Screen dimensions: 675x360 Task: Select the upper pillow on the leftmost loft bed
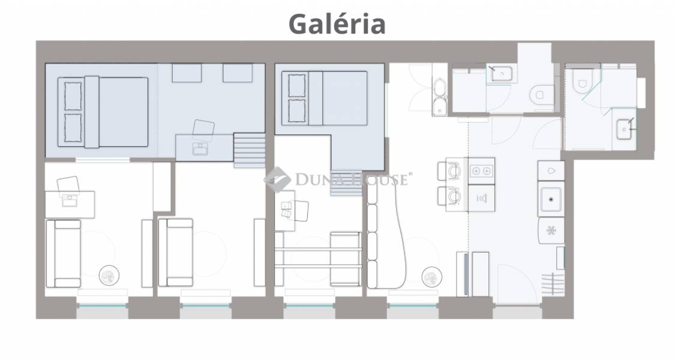coord(73,96)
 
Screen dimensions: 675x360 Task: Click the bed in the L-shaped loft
coord(324,98)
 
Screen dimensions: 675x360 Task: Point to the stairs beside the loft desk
coord(249,150)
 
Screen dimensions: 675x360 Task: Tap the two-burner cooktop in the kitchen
coord(481,171)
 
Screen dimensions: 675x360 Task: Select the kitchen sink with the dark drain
coord(551,199)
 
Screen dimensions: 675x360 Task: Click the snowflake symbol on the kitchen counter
coord(551,230)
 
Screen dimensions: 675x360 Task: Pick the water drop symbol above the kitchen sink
coord(551,171)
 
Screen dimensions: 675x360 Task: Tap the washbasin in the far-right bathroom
coord(624,129)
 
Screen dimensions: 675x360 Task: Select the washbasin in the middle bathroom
coord(501,74)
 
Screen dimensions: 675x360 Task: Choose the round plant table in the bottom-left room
coord(109,275)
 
